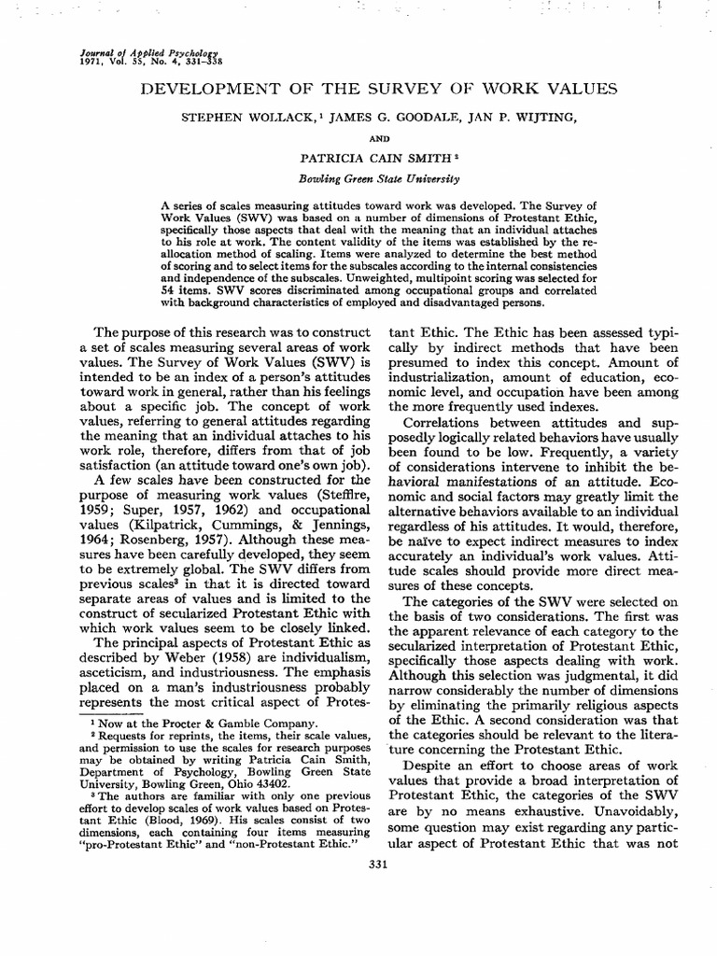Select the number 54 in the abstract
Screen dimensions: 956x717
click(x=170, y=290)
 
